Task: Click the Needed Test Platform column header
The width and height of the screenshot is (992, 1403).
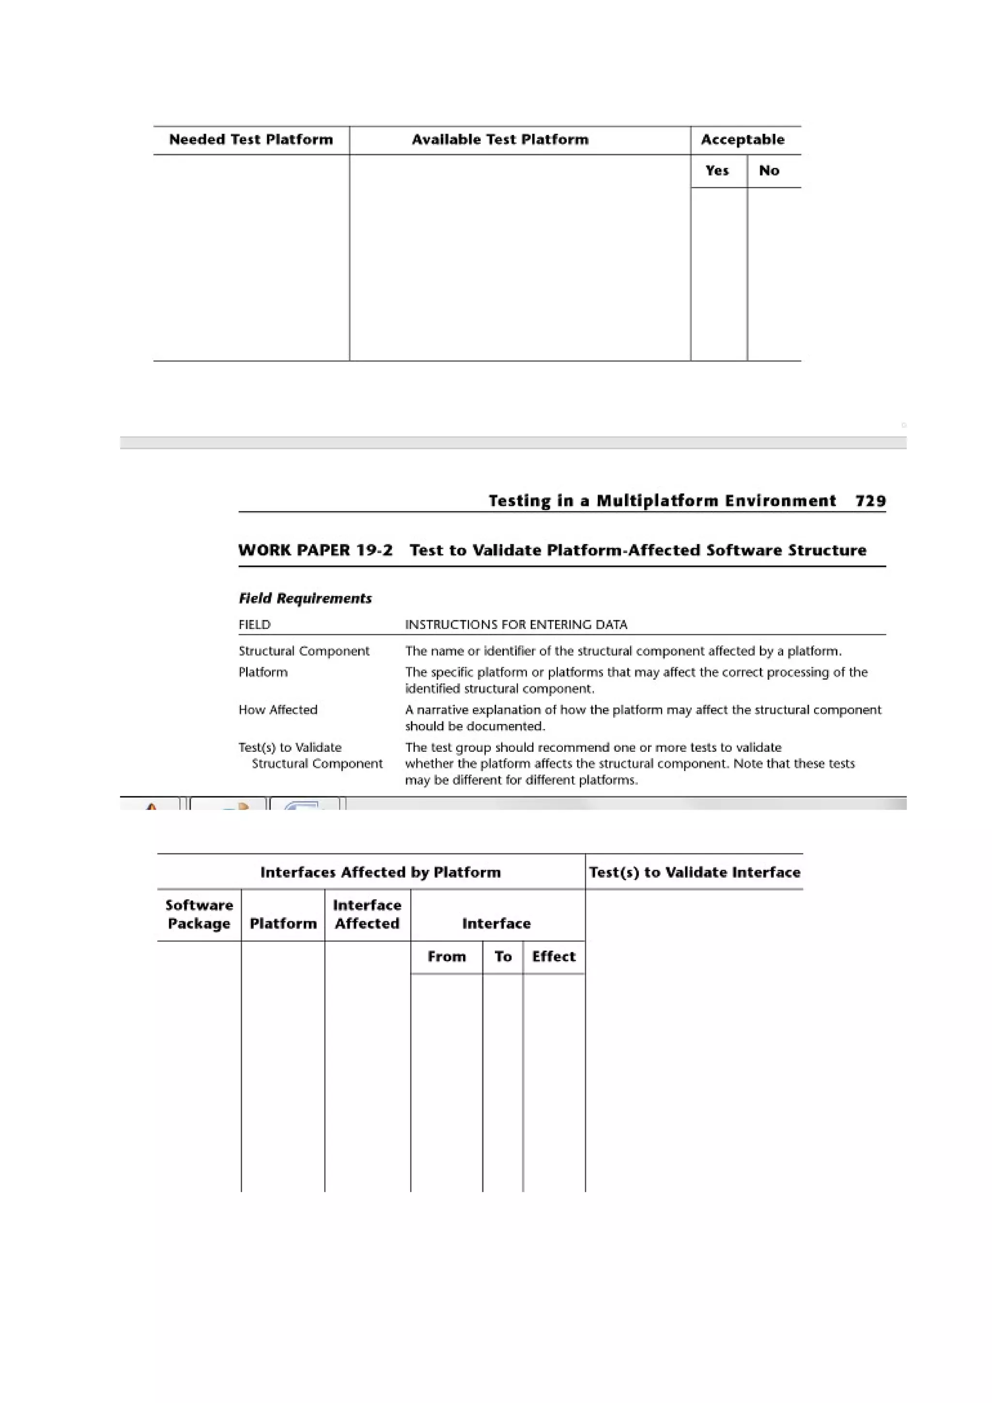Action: [250, 140]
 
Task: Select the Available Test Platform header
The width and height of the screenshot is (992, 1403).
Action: [499, 140]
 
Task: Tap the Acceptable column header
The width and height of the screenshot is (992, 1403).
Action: [742, 140]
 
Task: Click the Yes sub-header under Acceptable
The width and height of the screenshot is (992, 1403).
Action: [716, 171]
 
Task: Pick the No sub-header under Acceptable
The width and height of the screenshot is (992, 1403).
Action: [768, 171]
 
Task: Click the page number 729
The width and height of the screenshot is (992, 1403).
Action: [870, 501]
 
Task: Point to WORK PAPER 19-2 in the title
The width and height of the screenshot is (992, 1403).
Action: [315, 550]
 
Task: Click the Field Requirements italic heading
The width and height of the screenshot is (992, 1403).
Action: [305, 598]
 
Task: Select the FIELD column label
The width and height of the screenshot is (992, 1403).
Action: [254, 625]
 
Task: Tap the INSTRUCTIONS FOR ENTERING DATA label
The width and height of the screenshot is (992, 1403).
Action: [516, 625]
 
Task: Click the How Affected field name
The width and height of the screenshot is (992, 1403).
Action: [278, 709]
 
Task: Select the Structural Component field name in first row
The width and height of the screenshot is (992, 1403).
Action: [304, 651]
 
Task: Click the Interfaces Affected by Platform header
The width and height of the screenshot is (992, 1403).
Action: [380, 872]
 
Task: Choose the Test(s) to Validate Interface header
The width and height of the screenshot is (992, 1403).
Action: [694, 872]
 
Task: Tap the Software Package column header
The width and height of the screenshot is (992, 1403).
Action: [199, 914]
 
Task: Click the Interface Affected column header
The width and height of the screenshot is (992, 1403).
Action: [367, 914]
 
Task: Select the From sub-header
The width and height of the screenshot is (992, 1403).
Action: [446, 956]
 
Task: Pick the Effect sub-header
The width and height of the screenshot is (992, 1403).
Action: [553, 956]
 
